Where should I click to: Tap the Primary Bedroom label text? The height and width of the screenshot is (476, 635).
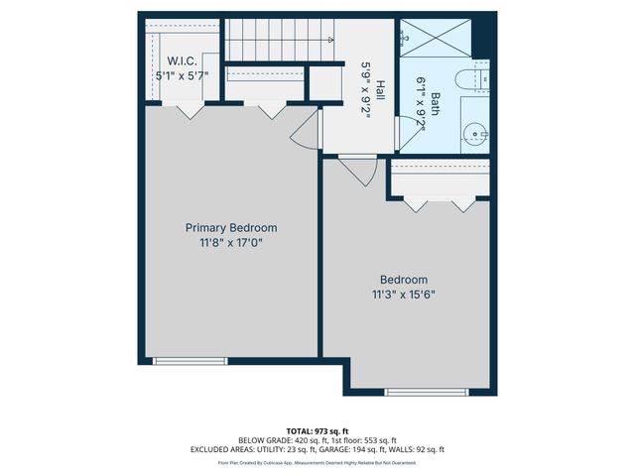[231, 227]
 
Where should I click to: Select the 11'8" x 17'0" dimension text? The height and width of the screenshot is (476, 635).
[231, 241]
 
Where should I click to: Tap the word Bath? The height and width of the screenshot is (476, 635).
[435, 103]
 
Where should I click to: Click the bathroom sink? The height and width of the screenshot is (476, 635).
[475, 131]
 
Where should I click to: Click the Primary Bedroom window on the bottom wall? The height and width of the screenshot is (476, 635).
[184, 361]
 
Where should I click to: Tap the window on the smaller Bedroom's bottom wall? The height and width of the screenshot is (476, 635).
[412, 392]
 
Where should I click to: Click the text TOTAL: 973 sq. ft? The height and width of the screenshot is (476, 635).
[317, 431]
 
